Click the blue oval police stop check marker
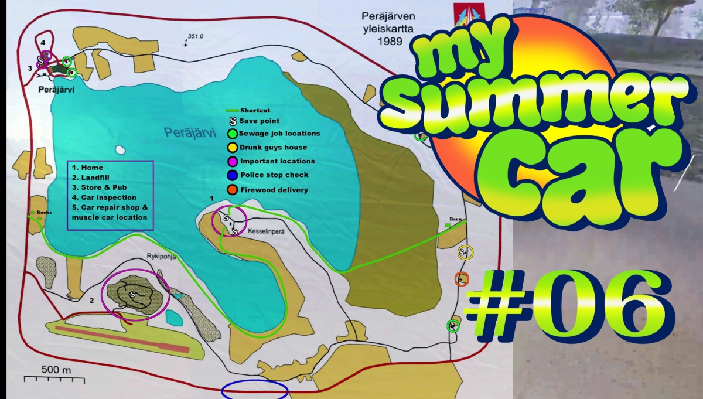coord(255,390)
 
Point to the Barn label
coord(456,219)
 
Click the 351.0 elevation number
coord(194,37)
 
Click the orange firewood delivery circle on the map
coord(462,279)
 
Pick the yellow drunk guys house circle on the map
coord(465,253)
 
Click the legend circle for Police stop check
coord(233,175)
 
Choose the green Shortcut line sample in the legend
coord(233,110)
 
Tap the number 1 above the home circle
coord(211,200)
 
